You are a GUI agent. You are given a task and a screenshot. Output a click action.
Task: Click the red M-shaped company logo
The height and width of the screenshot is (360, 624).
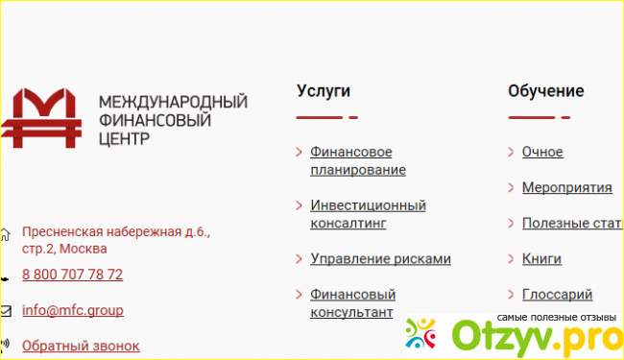(x=41, y=118)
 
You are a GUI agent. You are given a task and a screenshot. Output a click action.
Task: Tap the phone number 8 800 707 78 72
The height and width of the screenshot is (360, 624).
(x=72, y=275)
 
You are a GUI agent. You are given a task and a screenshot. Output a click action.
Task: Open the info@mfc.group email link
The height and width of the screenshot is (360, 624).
(x=73, y=310)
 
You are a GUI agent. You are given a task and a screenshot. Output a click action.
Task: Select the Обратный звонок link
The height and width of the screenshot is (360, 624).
(x=81, y=346)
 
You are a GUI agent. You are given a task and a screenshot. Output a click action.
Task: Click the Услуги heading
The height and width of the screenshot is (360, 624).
(x=324, y=91)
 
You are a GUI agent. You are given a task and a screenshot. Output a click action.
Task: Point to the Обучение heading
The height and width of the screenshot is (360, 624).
(x=546, y=91)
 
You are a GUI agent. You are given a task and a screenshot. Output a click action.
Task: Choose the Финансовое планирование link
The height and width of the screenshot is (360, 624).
(x=358, y=160)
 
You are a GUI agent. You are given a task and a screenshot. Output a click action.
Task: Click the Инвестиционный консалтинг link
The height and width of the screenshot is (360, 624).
(x=368, y=214)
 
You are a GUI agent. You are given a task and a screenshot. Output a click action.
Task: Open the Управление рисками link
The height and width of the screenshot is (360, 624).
(x=380, y=259)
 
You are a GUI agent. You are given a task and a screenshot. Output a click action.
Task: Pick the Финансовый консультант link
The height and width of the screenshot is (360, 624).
(x=353, y=303)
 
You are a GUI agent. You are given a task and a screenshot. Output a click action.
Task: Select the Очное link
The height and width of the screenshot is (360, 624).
(x=542, y=152)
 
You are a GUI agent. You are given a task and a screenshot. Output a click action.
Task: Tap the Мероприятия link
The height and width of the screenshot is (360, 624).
(x=567, y=187)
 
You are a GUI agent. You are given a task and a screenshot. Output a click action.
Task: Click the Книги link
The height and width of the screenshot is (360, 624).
(x=541, y=259)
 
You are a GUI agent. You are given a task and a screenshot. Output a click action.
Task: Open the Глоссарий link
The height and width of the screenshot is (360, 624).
(x=557, y=295)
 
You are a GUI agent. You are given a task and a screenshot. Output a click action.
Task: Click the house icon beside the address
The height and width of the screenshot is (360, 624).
(x=5, y=234)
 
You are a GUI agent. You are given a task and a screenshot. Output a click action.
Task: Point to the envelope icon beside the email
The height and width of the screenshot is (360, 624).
(x=6, y=311)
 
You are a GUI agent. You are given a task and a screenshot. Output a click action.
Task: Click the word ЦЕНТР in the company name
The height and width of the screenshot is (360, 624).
(x=124, y=139)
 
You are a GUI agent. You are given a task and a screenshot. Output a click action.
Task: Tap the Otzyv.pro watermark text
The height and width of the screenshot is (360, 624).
(x=538, y=338)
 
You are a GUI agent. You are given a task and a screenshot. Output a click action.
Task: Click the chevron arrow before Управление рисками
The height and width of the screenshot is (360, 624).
(x=299, y=259)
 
